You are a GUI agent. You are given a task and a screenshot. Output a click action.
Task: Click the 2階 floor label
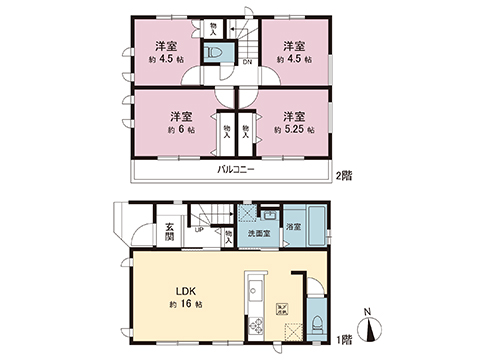pos(345,175)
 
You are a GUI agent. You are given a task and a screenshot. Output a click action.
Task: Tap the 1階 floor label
pos(345,340)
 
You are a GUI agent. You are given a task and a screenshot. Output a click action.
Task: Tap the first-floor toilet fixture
pos(314,321)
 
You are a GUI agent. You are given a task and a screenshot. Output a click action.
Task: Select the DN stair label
pos(246,62)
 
